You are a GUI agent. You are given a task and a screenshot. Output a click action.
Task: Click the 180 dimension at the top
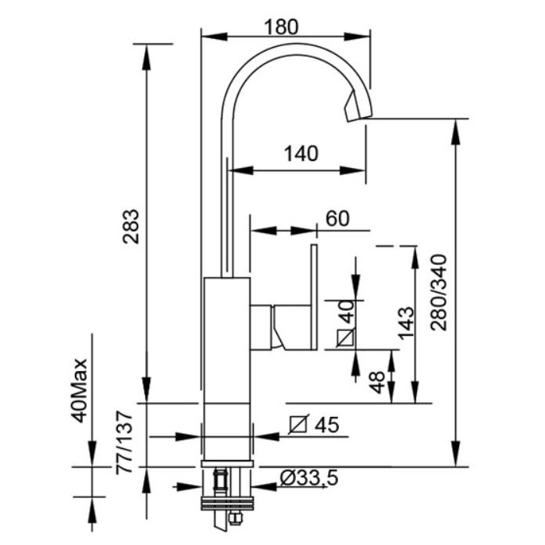pyautogui.click(x=281, y=26)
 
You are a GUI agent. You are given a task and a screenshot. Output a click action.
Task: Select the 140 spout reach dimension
pyautogui.click(x=301, y=154)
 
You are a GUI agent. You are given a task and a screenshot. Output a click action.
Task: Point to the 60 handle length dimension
pyautogui.click(x=337, y=219)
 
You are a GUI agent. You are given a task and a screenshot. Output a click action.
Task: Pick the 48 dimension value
pyautogui.click(x=376, y=380)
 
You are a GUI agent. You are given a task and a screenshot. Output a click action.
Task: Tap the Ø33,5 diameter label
pyautogui.click(x=310, y=479)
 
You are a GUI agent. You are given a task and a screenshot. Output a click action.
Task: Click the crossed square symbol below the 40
pyautogui.click(x=346, y=338)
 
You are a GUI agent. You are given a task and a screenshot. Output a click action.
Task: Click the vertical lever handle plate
pyautogui.click(x=314, y=297)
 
